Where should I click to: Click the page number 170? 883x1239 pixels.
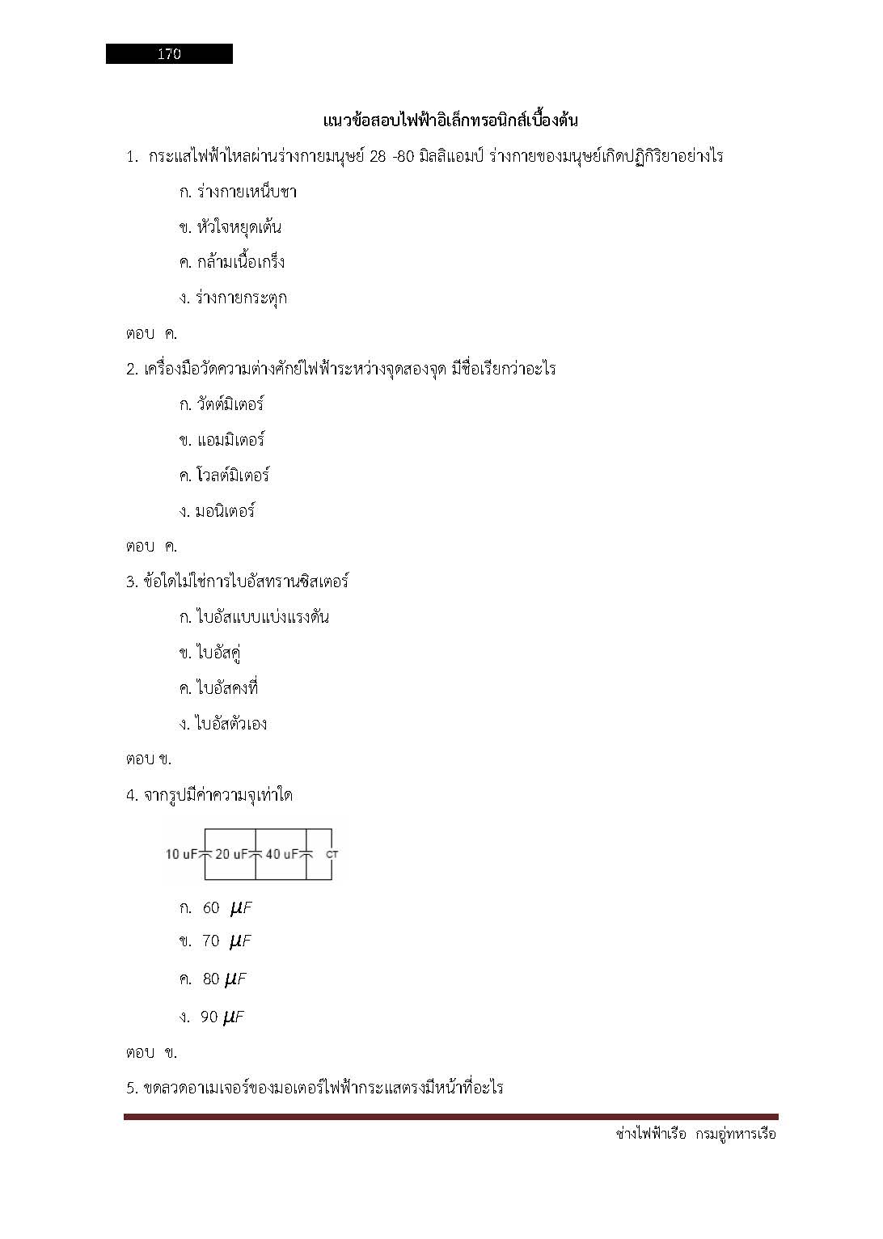[169, 54]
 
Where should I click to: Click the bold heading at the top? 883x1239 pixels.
[450, 121]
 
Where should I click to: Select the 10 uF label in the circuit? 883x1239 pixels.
[181, 854]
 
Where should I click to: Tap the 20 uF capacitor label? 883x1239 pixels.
[230, 854]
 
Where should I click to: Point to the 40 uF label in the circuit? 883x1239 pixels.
[281, 854]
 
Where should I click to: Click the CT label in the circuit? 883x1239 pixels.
[332, 855]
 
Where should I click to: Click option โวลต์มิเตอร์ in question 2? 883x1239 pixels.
[232, 476]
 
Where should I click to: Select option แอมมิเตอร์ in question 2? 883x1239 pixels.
[230, 440]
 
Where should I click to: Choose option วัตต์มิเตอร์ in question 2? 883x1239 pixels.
[230, 404]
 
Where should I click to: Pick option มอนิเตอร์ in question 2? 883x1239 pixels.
[225, 511]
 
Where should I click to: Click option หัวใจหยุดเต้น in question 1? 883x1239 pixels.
[239, 227]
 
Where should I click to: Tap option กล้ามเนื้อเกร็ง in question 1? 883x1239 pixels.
[240, 263]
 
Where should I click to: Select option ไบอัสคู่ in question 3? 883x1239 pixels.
[218, 653]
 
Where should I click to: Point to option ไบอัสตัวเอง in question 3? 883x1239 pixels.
[231, 724]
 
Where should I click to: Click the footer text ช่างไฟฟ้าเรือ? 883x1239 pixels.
[651, 1134]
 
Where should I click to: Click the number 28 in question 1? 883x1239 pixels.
[378, 157]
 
